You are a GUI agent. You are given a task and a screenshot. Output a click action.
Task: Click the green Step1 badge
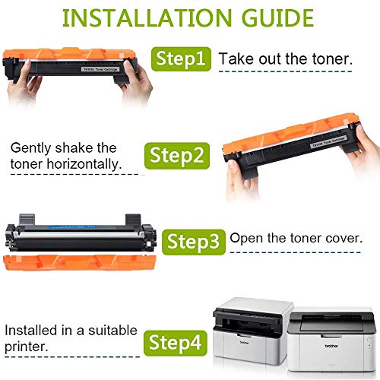pos(181,59)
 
